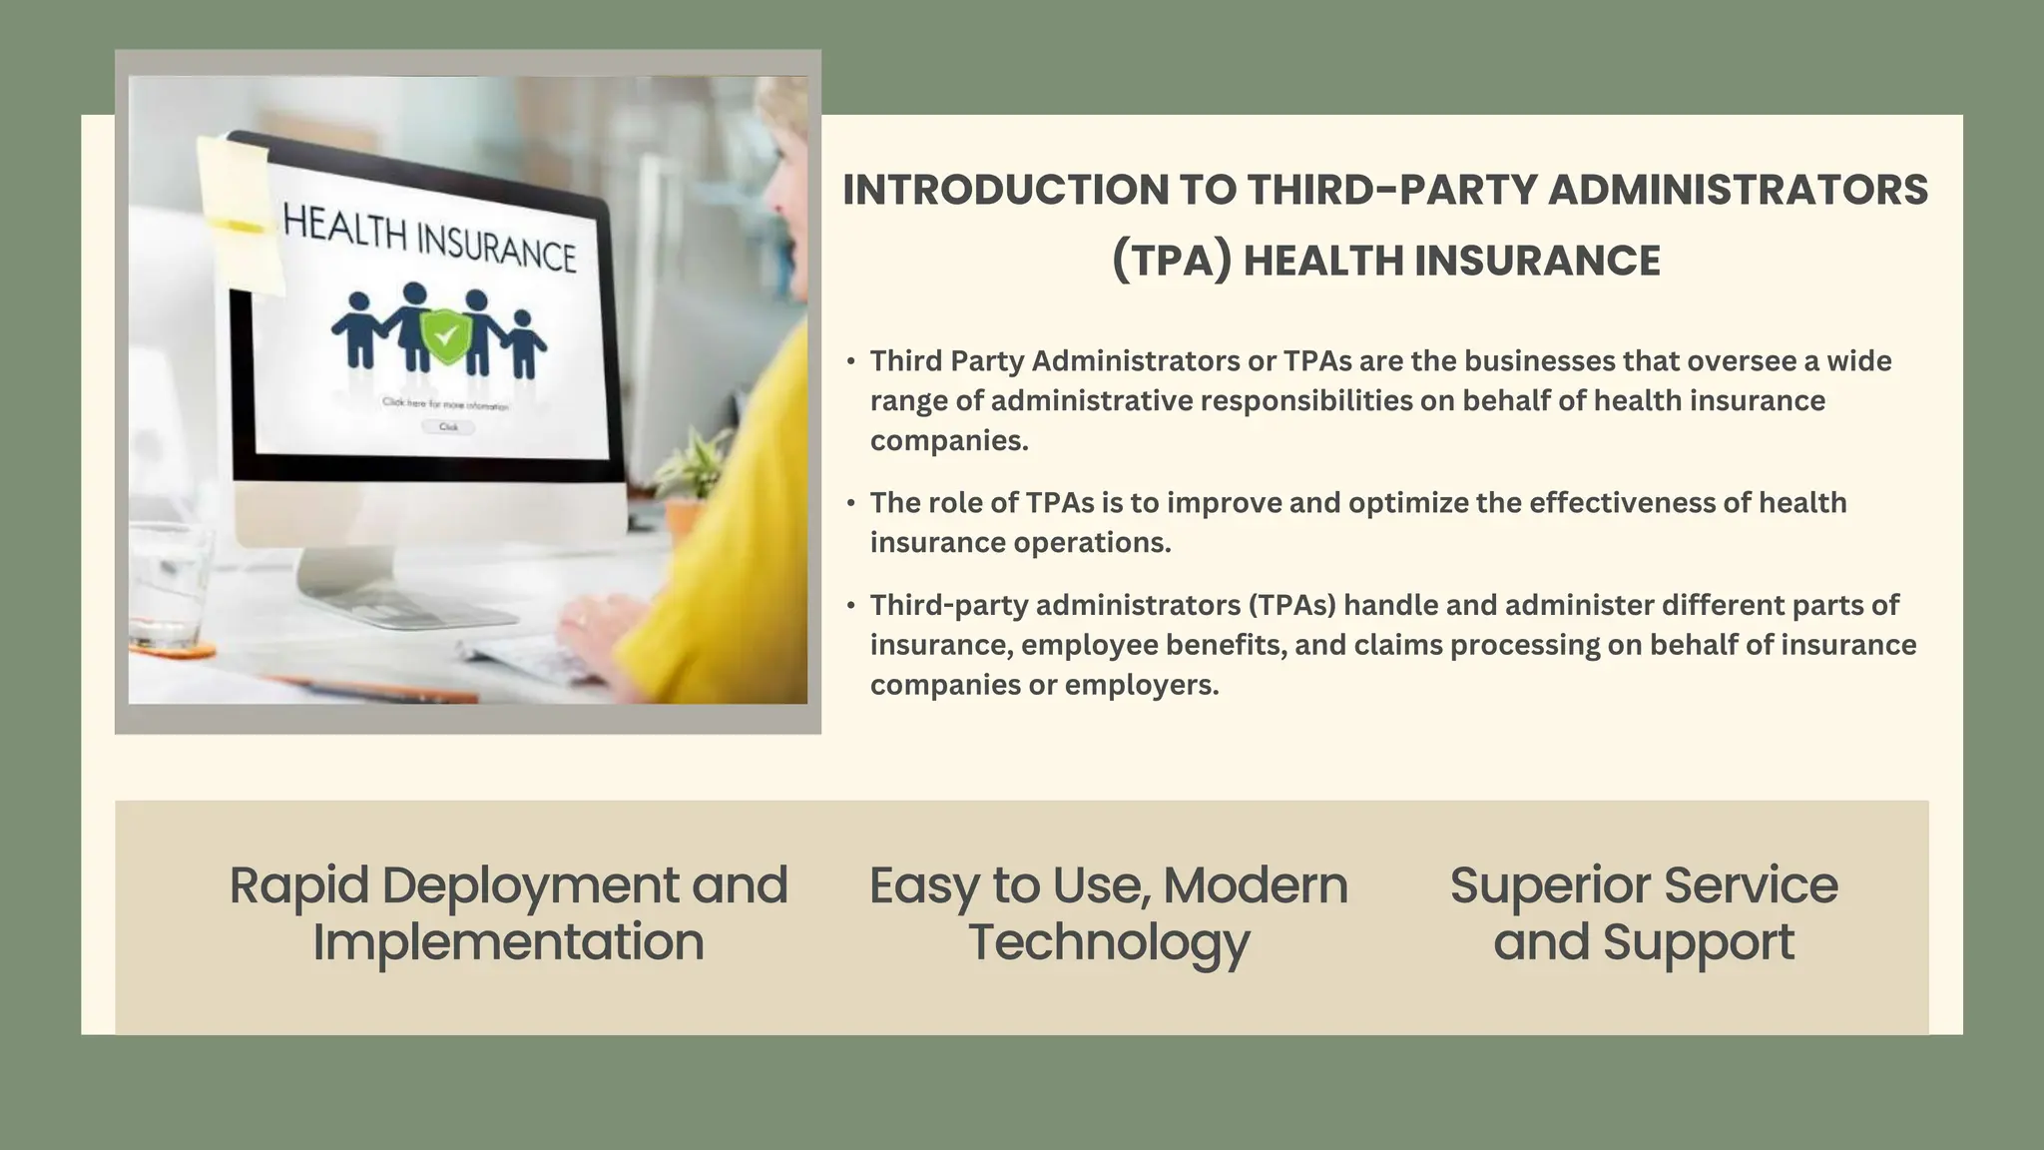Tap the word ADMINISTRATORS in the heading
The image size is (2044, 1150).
1738,190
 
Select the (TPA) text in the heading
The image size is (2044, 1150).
1171,261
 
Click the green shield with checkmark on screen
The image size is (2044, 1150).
446,337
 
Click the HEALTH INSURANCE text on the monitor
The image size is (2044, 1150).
429,238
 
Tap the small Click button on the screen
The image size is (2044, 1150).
449,427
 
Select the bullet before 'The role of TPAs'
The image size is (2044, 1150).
851,503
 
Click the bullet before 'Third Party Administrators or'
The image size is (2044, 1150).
851,361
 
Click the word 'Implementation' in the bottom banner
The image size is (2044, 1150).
508,942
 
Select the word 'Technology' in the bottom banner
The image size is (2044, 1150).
1109,942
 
